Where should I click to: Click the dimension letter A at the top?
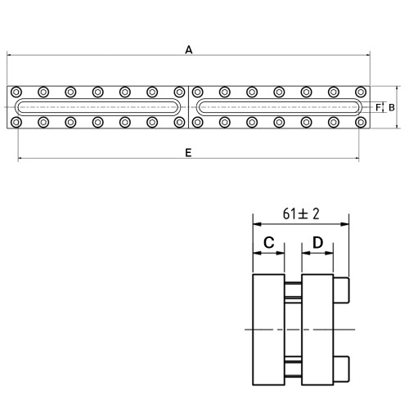coord(189,50)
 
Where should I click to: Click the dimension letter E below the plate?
coord(188,153)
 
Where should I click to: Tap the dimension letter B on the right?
coord(392,108)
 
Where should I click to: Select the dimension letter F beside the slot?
coord(378,107)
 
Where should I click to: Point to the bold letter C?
coord(269,242)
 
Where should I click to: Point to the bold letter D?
coord(317,242)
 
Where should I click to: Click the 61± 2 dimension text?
coord(301,213)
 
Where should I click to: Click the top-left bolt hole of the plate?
coord(16,92)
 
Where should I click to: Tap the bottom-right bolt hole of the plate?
coord(361,123)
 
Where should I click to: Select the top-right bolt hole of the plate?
coord(361,92)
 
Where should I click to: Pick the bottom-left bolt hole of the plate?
coord(16,123)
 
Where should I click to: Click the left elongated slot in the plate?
coord(97,99)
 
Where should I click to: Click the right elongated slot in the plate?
coord(279,99)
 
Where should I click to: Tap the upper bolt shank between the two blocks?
coord(293,290)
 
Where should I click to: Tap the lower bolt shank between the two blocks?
coord(293,369)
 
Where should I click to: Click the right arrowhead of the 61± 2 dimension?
coord(345,224)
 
